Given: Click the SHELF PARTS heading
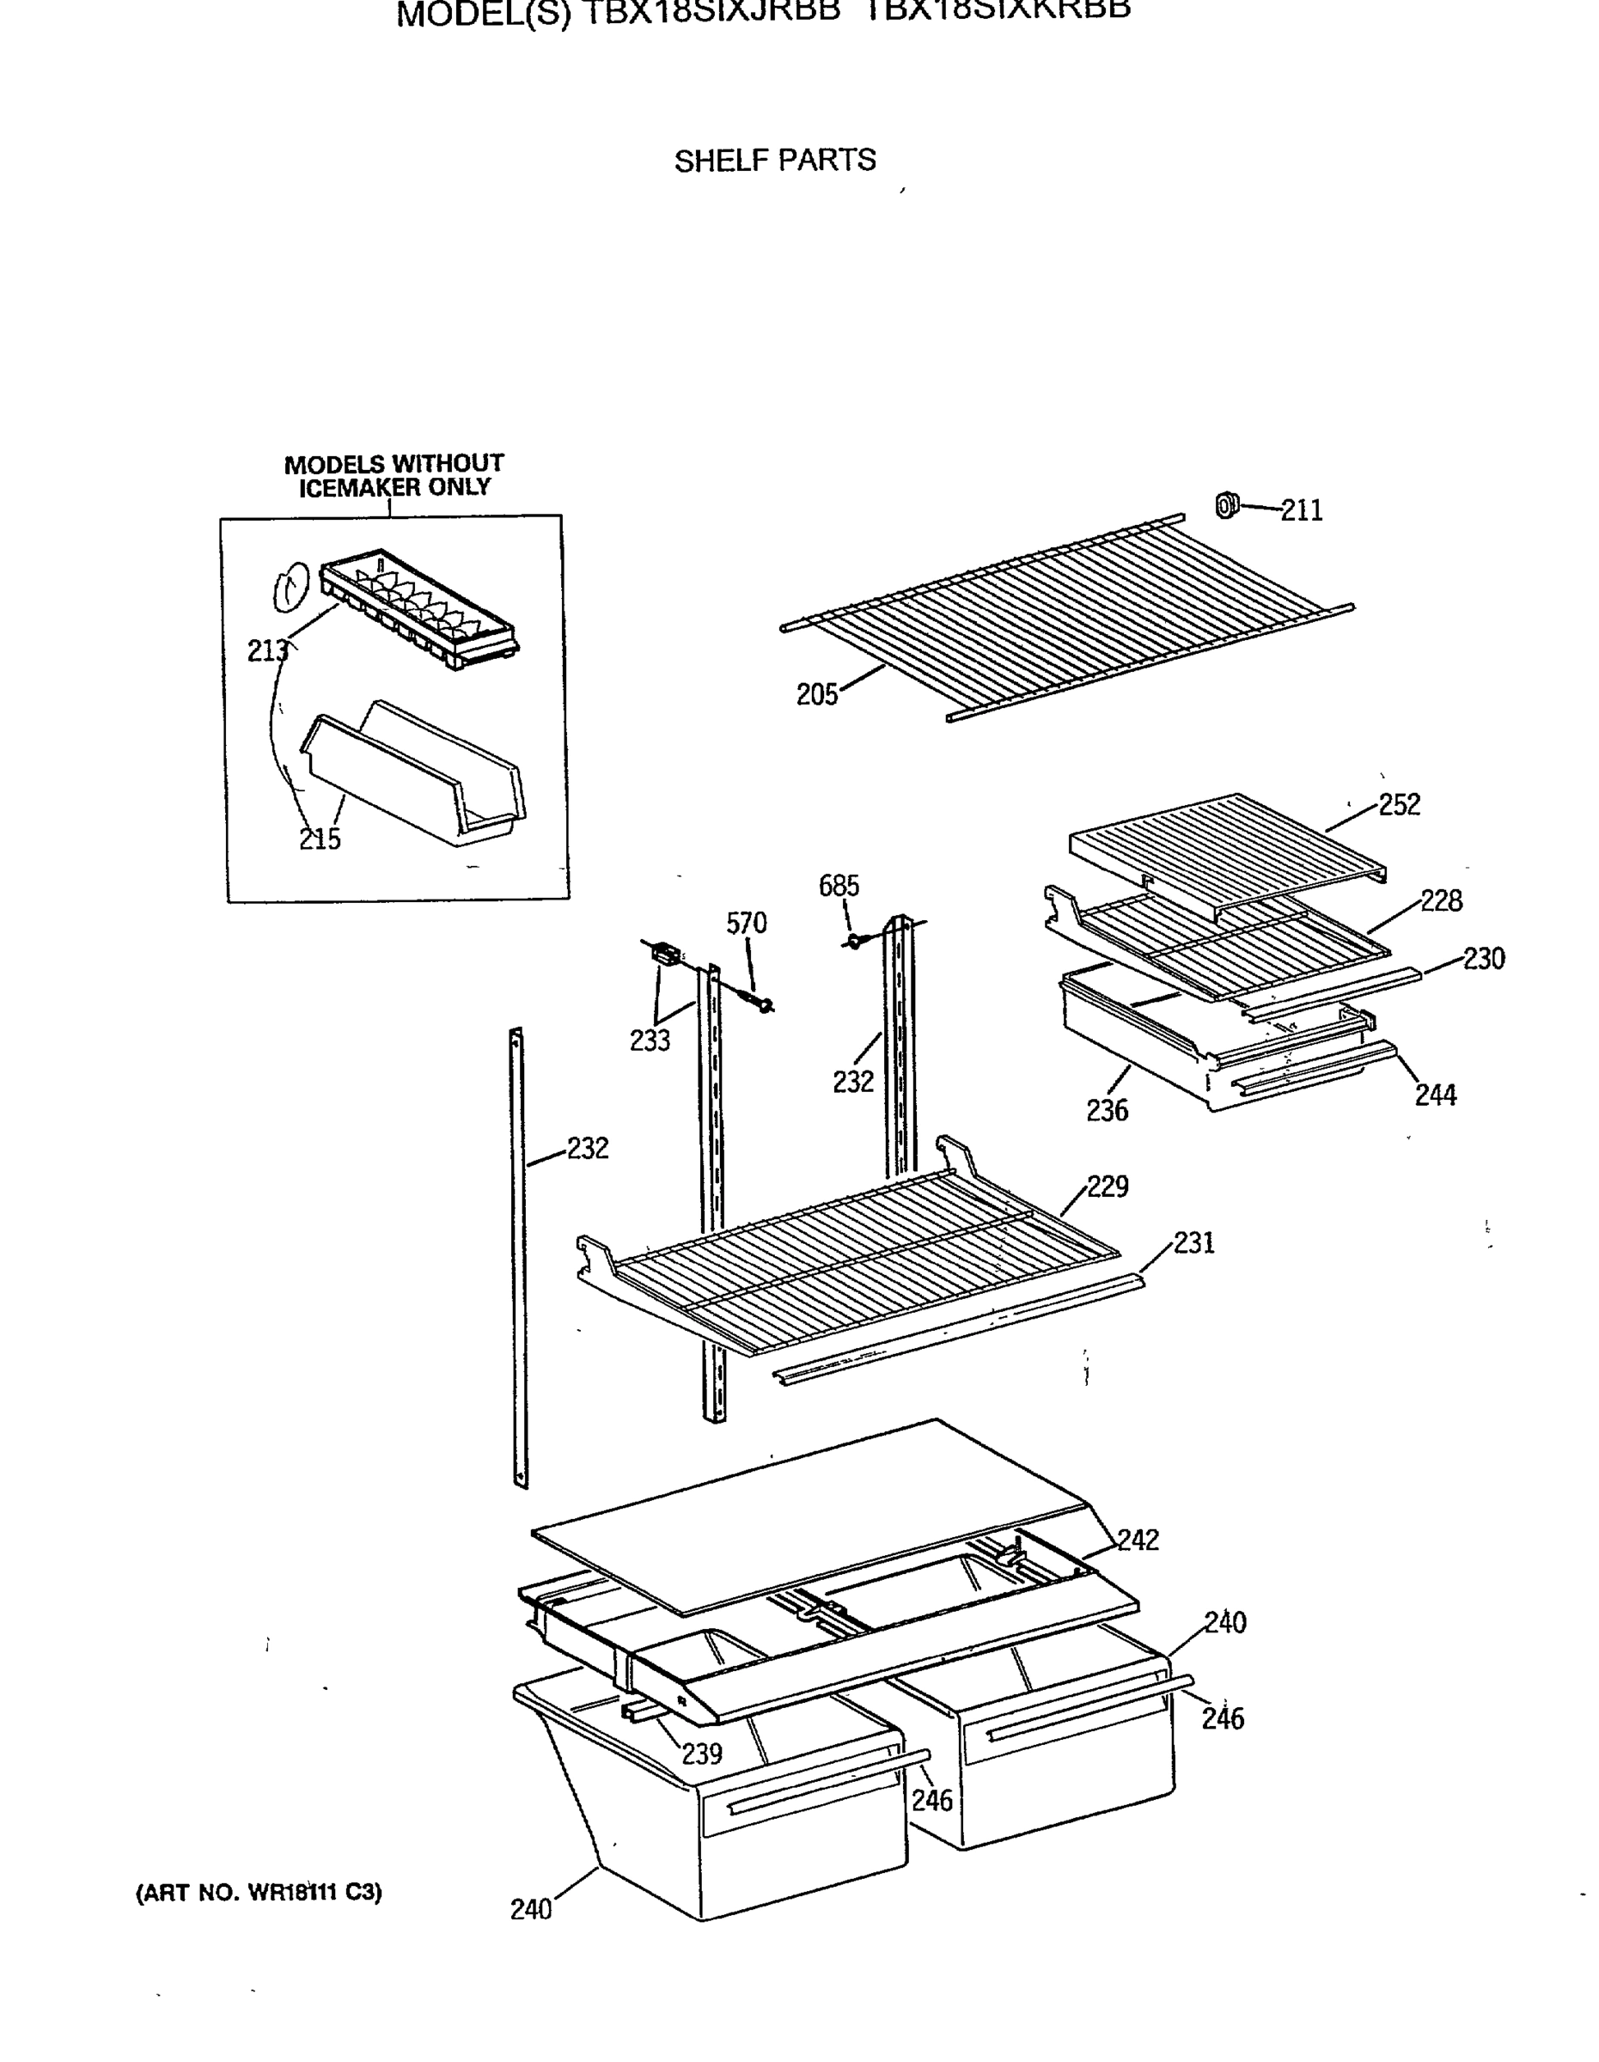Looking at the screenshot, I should pos(774,161).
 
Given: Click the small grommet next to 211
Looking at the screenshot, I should pos(1225,506).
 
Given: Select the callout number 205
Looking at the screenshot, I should pos(816,695).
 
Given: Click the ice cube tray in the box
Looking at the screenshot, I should pos(420,609).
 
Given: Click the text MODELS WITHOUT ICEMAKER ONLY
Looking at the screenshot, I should pos(394,476).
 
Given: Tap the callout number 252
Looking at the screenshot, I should pos(1399,804).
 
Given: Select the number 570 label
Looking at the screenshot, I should pos(746,924).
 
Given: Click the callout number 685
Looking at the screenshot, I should pos(839,886).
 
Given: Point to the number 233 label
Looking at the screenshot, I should pos(650,1040).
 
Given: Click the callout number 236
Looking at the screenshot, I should pos(1107,1110).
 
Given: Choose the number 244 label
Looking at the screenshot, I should pos(1435,1095).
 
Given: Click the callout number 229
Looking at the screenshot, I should pos(1108,1186).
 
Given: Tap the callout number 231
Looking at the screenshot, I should pos(1193,1242).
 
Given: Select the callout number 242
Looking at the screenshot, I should pos(1138,1540).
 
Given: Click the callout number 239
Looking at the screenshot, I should pos(701,1754).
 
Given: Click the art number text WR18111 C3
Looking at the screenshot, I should pos(259,1893).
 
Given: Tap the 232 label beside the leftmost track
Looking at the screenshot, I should pos(587,1148).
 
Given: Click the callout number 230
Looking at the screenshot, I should pos(1483,958).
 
